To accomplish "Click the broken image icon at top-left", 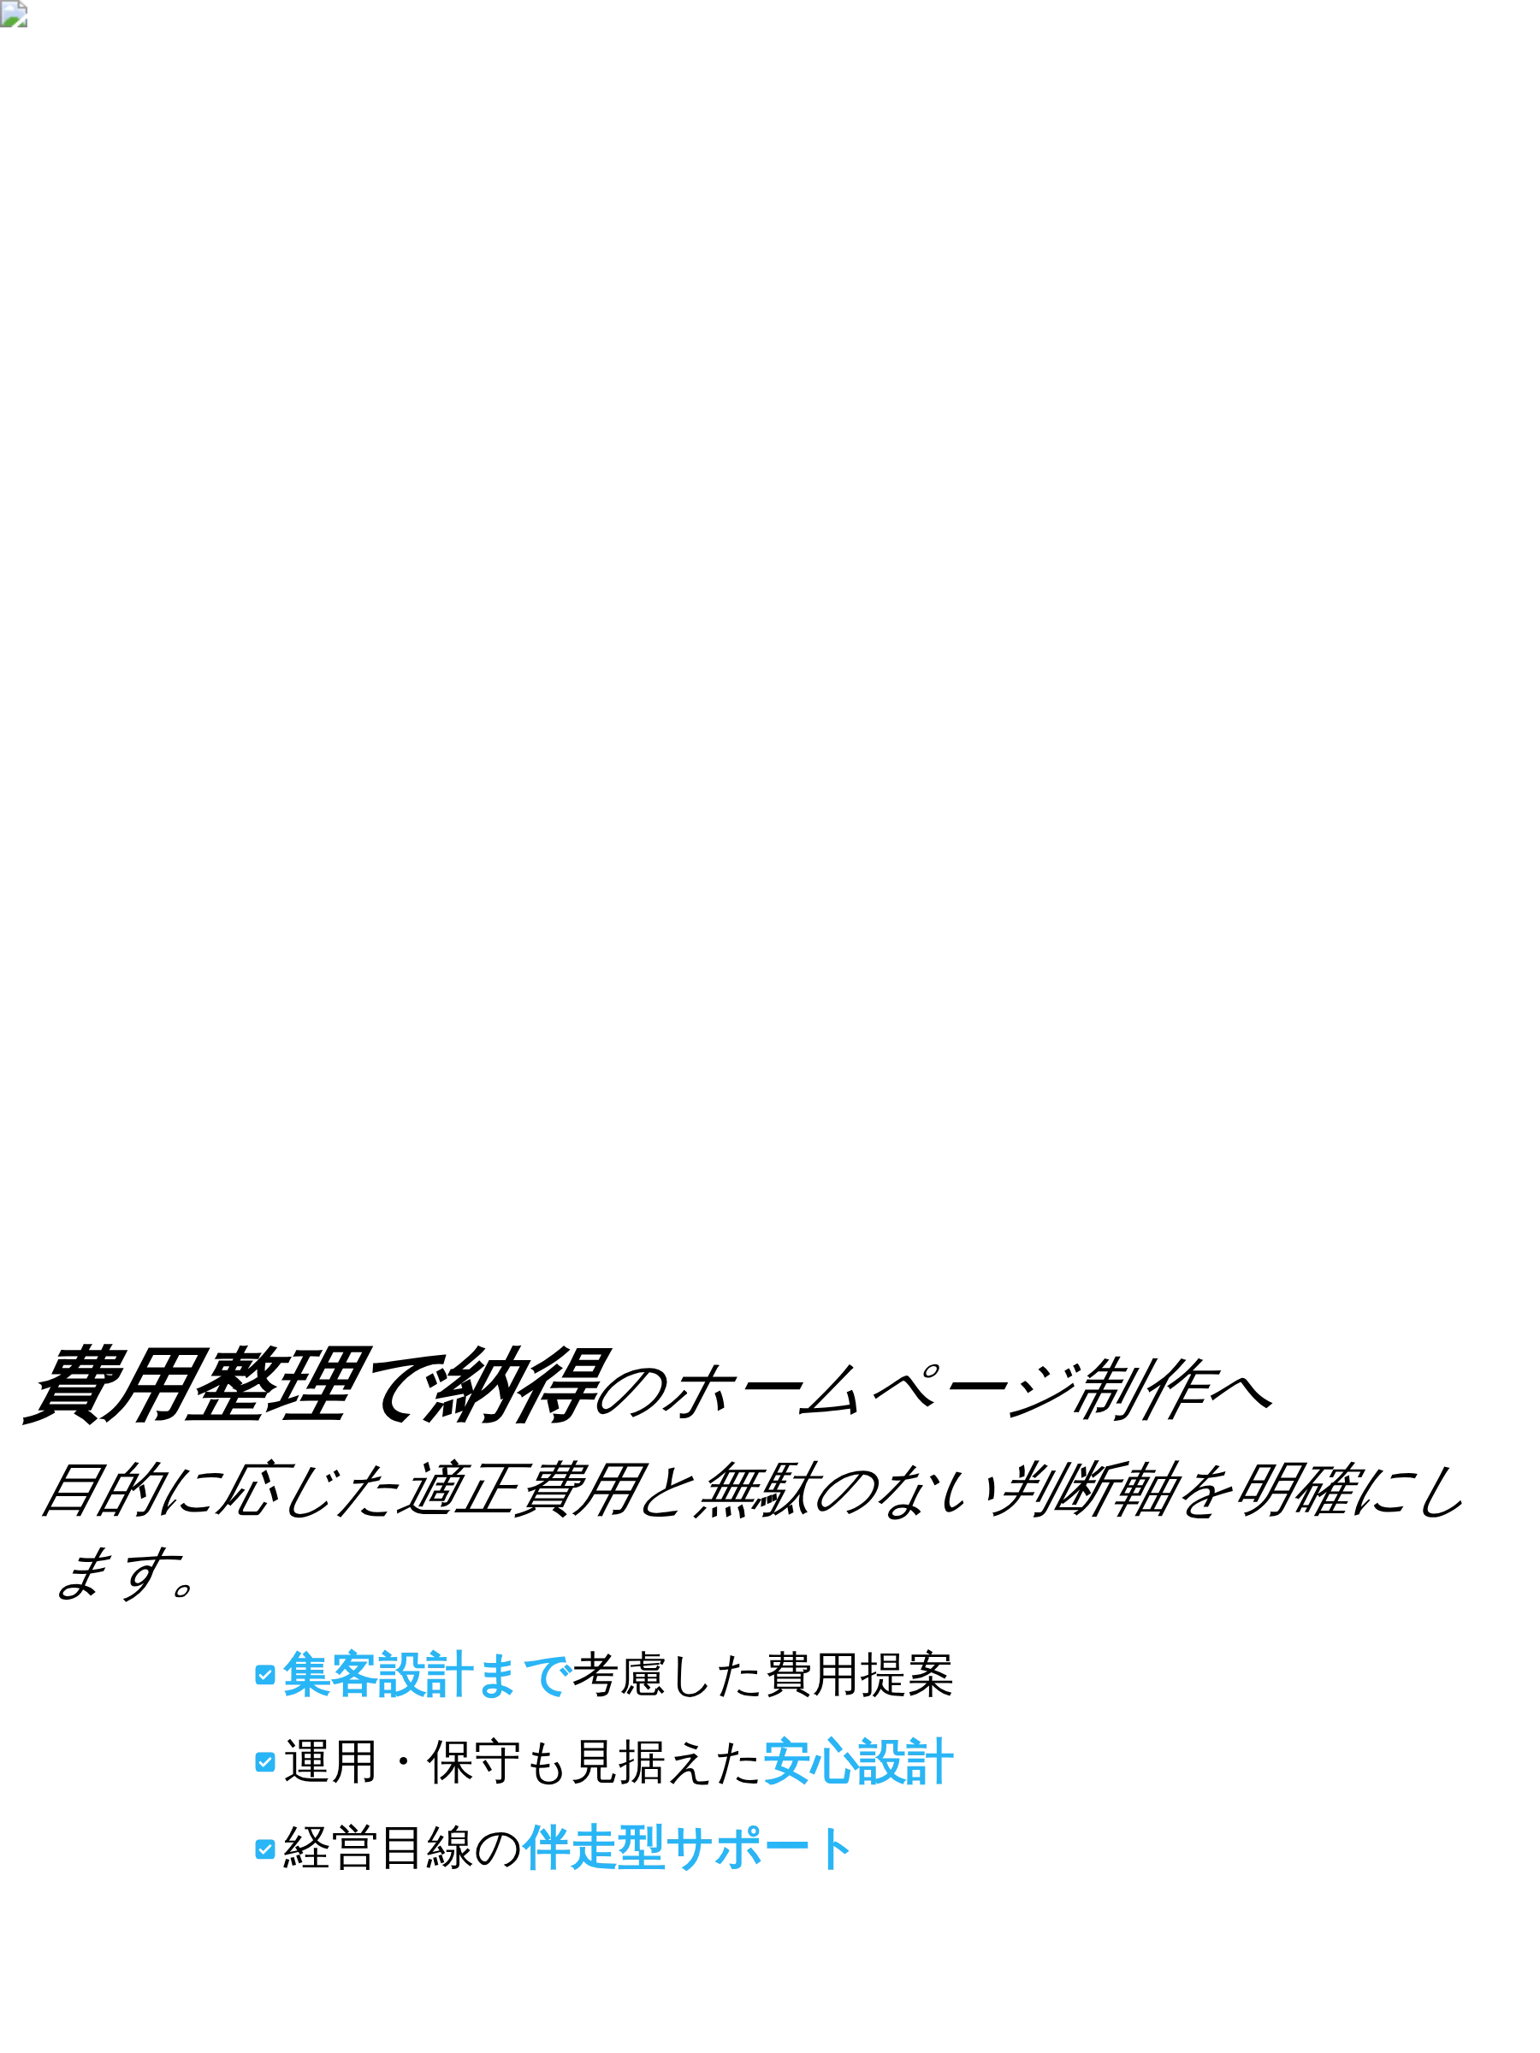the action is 13,14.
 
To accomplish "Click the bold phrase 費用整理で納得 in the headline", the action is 316,1386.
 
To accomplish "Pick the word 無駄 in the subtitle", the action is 756,1488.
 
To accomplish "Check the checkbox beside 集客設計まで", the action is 264,1674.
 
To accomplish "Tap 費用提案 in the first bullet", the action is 859,1674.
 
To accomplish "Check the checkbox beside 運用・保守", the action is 264,1761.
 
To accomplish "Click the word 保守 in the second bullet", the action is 474,1761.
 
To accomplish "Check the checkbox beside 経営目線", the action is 264,1849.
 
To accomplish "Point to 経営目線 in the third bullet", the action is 379,1849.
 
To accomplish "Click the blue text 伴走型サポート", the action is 688,1849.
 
